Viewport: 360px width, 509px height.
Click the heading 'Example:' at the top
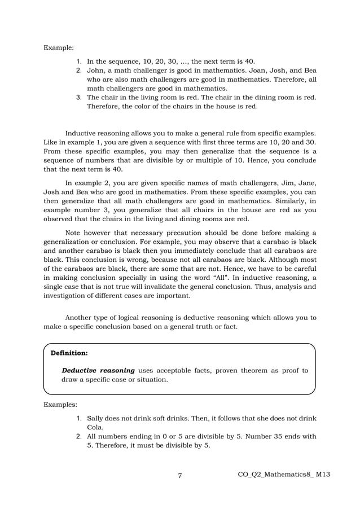tap(58, 47)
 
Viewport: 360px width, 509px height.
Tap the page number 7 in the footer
tap(179, 476)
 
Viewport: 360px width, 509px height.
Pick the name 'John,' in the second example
tap(96, 70)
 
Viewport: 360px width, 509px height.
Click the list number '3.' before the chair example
tap(80, 97)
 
